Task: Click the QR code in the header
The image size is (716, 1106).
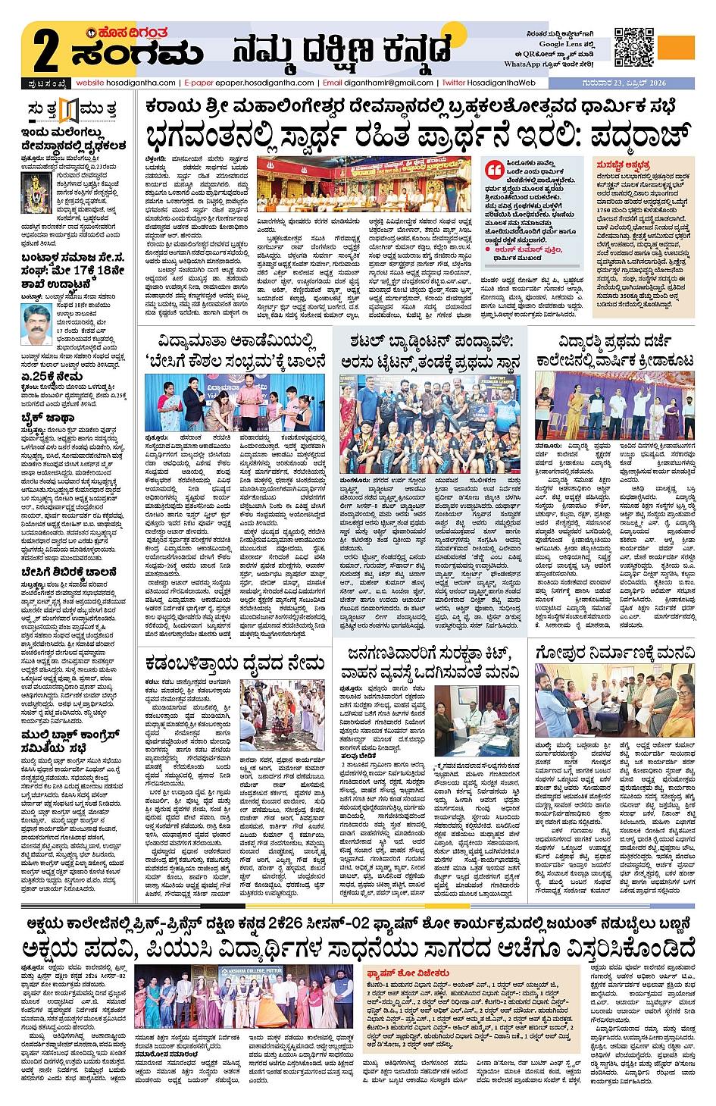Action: (x=633, y=47)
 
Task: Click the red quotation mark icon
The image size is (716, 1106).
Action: (x=495, y=169)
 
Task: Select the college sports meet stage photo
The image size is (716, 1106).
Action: (x=614, y=405)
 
